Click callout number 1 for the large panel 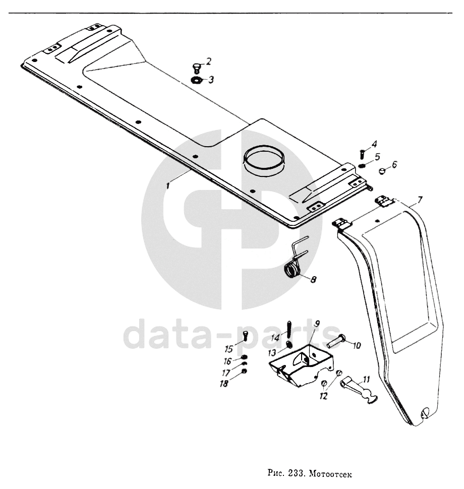[168, 185]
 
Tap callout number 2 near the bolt [208, 61]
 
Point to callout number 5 [377, 156]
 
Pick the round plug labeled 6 [383, 170]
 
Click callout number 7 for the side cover [421, 200]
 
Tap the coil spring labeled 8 [292, 271]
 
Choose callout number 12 [323, 396]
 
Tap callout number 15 [228, 348]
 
